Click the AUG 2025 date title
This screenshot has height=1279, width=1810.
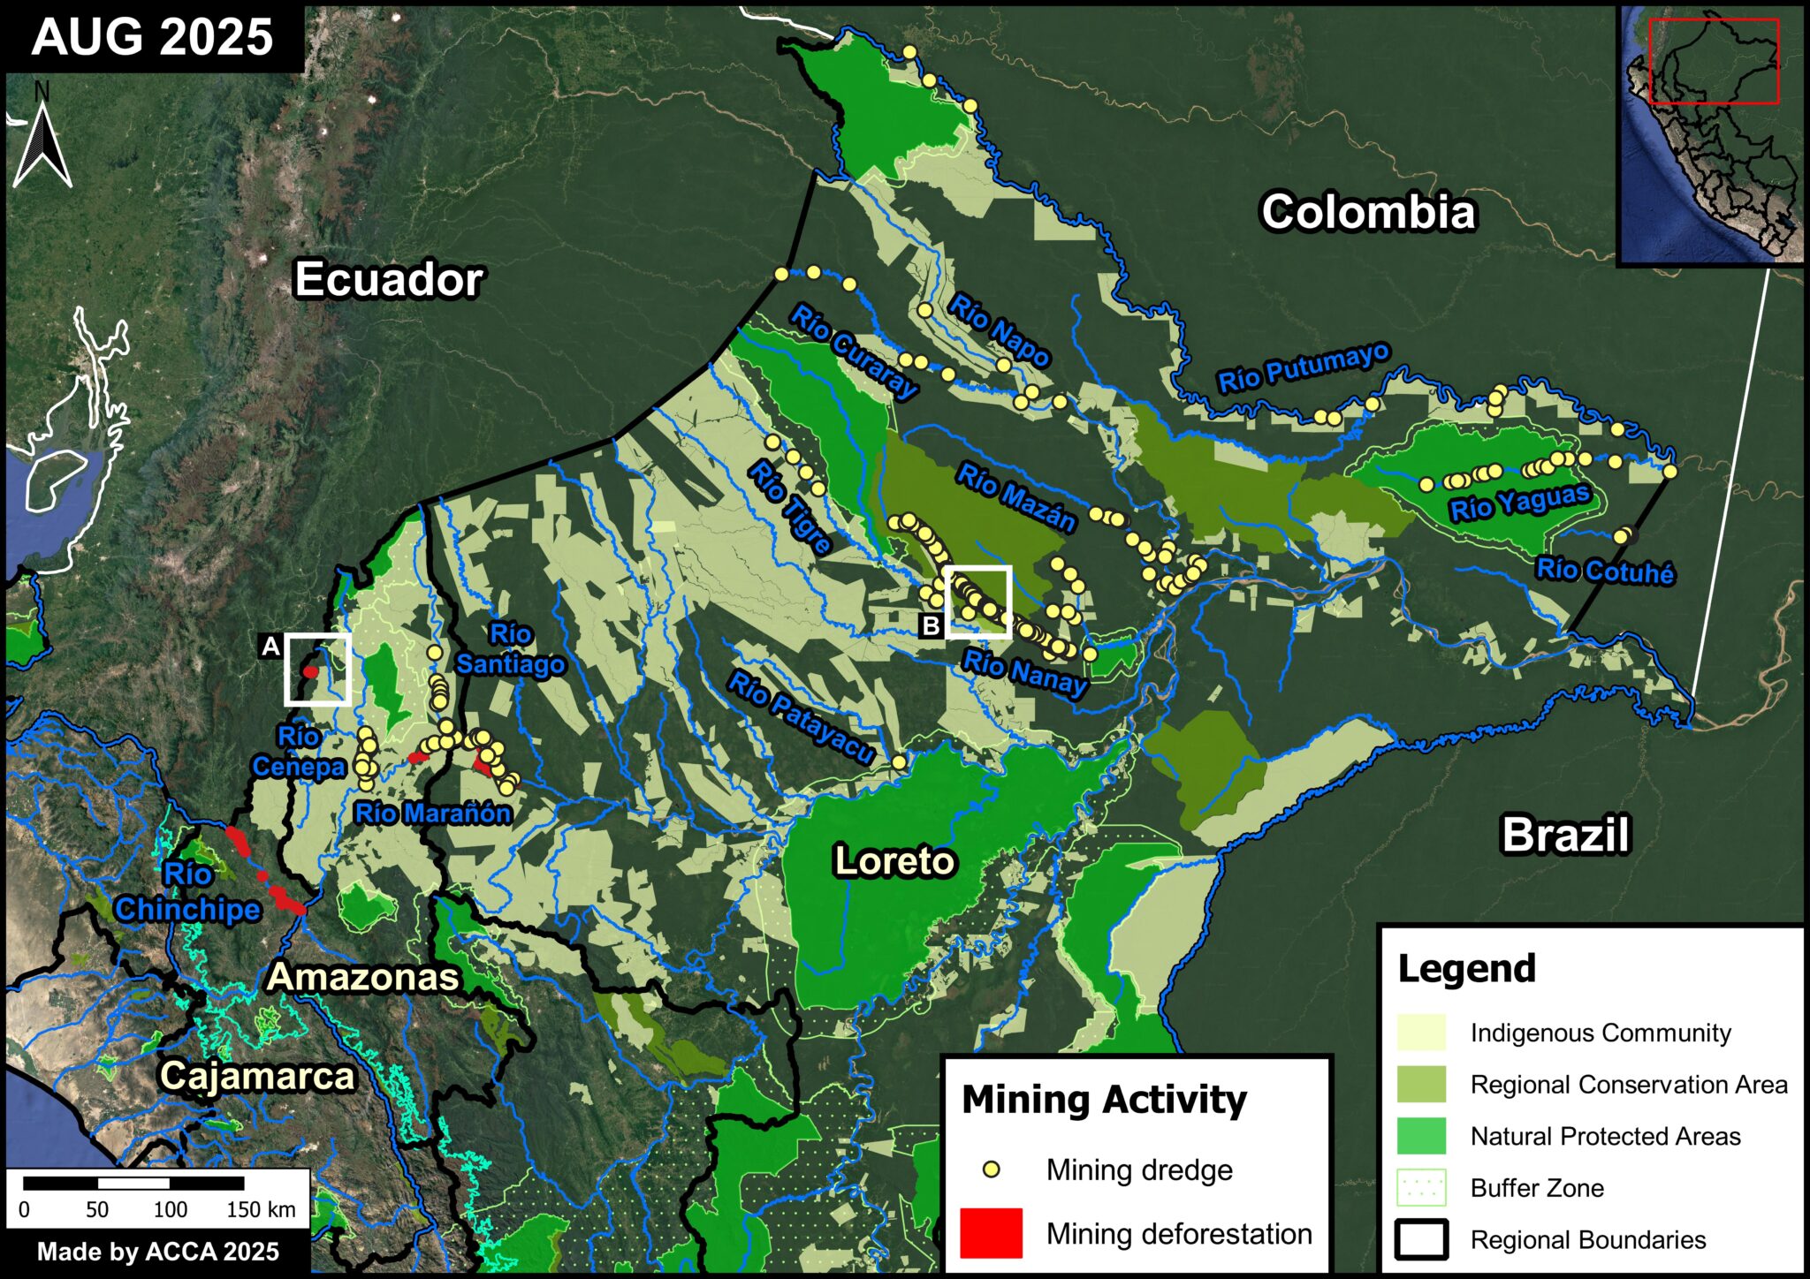[x=152, y=37]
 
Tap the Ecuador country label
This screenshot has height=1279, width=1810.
[x=388, y=279]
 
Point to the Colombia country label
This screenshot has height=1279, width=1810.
[x=1368, y=213]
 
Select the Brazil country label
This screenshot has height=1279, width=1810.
[x=1565, y=835]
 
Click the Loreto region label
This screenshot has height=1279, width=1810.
[x=894, y=860]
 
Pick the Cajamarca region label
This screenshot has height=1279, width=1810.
[x=257, y=1076]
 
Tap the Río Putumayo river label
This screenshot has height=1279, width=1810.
[x=1304, y=368]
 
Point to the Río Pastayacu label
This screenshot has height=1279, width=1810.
[x=801, y=716]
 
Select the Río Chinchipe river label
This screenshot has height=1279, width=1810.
[x=187, y=892]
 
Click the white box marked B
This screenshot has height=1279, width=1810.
[x=977, y=602]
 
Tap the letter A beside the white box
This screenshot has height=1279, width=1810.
[x=270, y=647]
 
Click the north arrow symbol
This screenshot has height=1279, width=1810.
[x=42, y=141]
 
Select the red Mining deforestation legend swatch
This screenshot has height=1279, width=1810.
[x=991, y=1233]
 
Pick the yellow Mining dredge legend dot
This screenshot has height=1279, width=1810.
[x=992, y=1169]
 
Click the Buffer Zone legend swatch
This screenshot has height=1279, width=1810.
[x=1421, y=1188]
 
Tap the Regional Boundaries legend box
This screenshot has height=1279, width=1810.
[x=1421, y=1239]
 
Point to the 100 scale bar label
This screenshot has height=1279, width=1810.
[x=170, y=1209]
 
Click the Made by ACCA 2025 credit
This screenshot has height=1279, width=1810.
[x=157, y=1252]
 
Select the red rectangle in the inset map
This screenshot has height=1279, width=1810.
[x=1714, y=61]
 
